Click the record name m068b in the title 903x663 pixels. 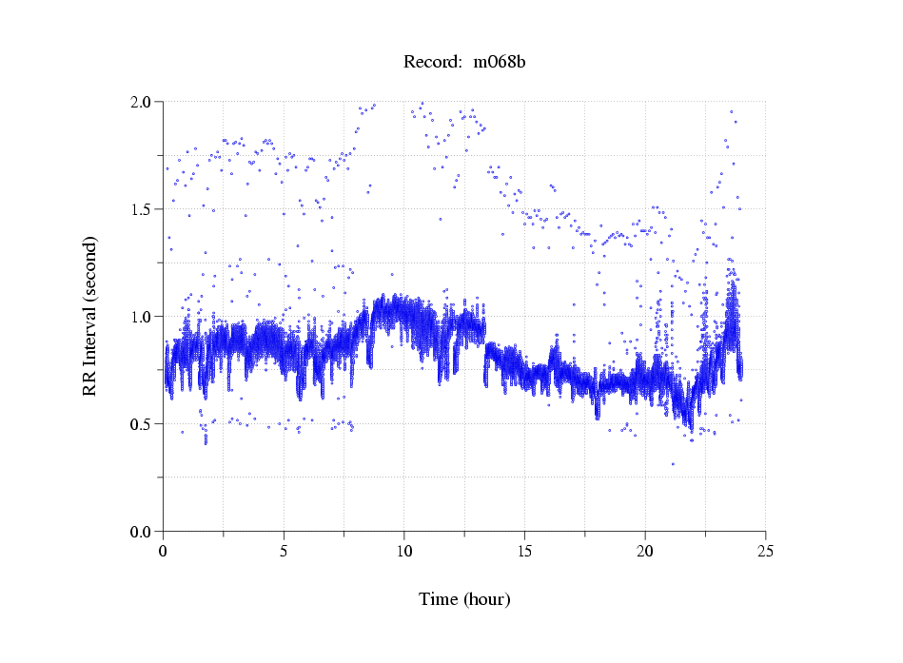point(500,63)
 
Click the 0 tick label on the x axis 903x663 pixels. point(164,551)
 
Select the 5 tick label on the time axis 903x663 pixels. point(284,551)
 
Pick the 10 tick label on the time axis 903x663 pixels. point(404,551)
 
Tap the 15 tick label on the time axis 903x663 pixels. point(524,551)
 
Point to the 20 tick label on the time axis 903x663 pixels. point(645,551)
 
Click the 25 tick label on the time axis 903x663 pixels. point(765,551)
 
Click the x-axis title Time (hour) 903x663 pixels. point(464,599)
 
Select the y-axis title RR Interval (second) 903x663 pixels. point(89,316)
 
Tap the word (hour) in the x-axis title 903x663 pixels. point(486,599)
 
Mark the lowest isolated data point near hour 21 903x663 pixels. point(673,464)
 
